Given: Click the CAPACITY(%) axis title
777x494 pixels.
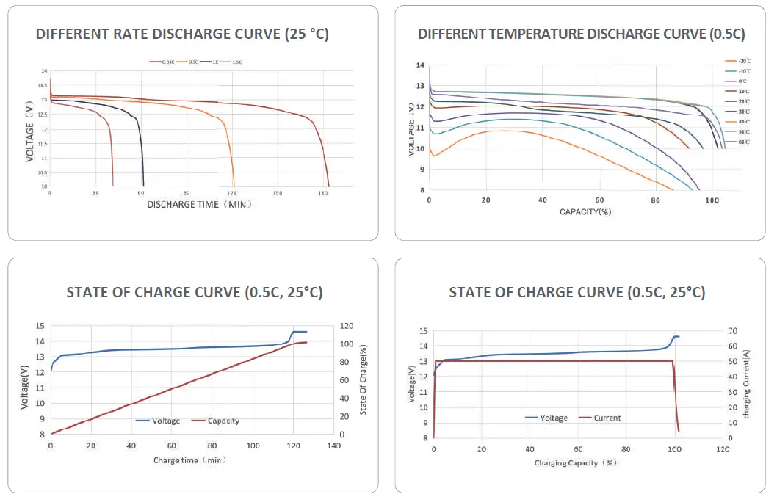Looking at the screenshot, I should pos(585,211).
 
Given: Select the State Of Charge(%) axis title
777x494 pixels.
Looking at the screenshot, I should pos(364,380).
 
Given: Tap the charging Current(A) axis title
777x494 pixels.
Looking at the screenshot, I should pos(745,384).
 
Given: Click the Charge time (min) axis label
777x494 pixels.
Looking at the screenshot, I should pos(189,460).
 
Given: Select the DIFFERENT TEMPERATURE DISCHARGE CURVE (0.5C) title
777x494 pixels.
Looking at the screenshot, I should pos(581,34).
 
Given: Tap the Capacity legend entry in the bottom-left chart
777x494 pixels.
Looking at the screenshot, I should pos(223,421).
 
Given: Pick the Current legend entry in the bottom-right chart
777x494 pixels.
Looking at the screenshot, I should pos(607,418).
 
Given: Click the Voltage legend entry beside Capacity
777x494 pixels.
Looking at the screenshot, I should pos(165,421).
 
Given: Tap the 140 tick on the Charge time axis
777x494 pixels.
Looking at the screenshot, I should pos(334,446).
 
